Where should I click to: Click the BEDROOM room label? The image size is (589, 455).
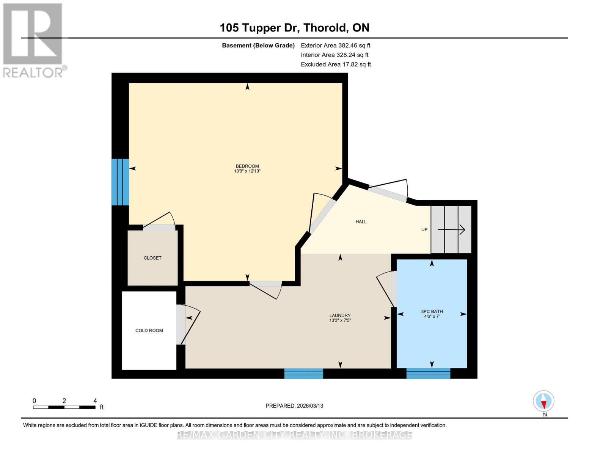click(x=247, y=166)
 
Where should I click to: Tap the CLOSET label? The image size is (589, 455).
click(x=152, y=258)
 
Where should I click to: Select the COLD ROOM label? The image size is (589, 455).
click(x=149, y=330)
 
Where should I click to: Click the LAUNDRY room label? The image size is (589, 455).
click(x=340, y=315)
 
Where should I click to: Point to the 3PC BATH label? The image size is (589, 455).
click(x=432, y=312)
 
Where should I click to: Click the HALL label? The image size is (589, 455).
click(x=361, y=222)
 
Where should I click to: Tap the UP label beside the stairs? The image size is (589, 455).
click(x=424, y=229)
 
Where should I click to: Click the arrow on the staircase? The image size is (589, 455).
click(x=451, y=229)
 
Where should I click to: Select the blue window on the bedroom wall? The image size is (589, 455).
click(x=120, y=182)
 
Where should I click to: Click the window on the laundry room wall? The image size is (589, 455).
click(x=303, y=373)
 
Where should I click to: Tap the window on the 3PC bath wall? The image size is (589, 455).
click(x=428, y=373)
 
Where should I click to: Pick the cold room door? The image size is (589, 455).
click(x=188, y=324)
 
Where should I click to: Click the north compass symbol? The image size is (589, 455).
click(x=543, y=401)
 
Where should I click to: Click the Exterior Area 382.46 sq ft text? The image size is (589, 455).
click(x=335, y=45)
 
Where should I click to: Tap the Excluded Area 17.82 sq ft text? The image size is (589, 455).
click(x=336, y=64)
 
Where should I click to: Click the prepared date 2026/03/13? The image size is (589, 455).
click(x=294, y=406)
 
